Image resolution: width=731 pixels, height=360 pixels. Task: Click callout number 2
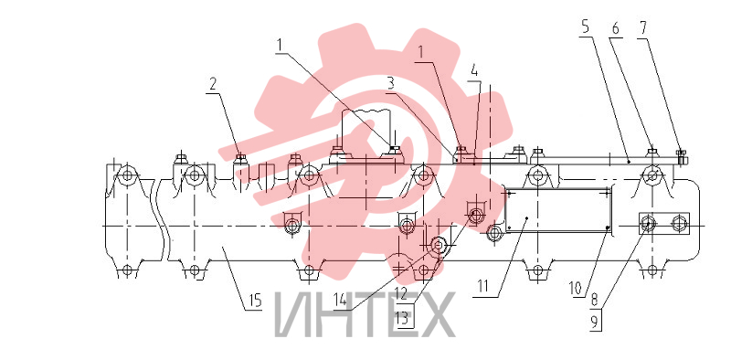tap(213, 84)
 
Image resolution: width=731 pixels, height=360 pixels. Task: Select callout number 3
tap(391, 83)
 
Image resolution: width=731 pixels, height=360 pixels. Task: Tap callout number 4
tap(474, 71)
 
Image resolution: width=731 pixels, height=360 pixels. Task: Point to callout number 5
tap(585, 27)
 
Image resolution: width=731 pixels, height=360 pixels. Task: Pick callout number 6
tap(615, 29)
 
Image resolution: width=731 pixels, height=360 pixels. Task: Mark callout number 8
tap(595, 300)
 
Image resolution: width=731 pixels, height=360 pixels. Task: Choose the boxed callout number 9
tap(595, 323)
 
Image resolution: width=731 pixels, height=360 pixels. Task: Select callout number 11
tap(483, 286)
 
